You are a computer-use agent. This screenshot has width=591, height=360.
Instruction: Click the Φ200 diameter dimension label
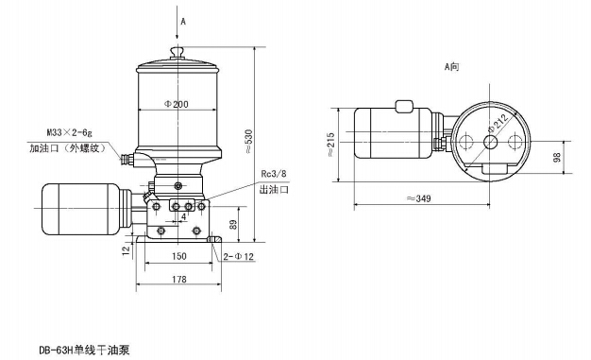(177, 104)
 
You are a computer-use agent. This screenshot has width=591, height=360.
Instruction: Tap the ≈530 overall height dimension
(248, 142)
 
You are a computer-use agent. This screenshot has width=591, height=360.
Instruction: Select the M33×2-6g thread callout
(69, 132)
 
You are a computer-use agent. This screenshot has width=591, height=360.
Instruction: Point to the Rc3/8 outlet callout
(274, 174)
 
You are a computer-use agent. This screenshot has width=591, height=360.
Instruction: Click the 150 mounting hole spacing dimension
(179, 256)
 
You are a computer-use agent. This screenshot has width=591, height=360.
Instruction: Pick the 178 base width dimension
(179, 280)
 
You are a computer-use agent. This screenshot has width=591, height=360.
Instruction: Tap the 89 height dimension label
(234, 225)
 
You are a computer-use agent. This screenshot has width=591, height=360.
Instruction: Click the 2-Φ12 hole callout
(239, 257)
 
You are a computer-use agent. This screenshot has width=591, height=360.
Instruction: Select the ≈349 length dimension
(419, 198)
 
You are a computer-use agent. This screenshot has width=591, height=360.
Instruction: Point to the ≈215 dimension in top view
(330, 145)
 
